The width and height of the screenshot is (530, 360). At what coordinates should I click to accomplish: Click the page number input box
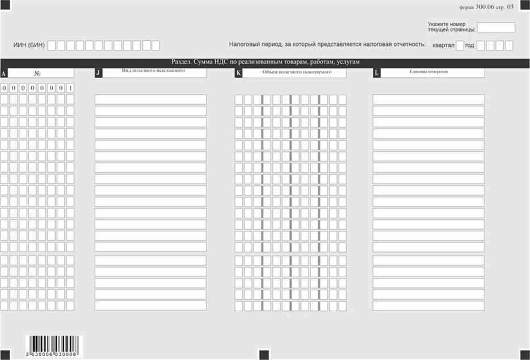point(496,27)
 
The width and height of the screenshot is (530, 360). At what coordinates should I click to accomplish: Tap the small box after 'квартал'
point(460,46)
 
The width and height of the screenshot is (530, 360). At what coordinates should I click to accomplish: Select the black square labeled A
point(4,73)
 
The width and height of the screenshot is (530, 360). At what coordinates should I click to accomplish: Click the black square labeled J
point(98,73)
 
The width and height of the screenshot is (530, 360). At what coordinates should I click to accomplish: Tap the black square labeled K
point(238,73)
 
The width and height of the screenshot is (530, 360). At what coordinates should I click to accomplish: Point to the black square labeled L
point(376,73)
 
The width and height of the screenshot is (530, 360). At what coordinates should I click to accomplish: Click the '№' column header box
point(41,73)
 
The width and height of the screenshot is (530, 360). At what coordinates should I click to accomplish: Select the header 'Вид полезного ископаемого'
point(154,71)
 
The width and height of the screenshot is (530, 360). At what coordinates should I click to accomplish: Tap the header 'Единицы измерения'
point(431,72)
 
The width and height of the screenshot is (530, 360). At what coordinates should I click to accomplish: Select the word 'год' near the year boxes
point(469,46)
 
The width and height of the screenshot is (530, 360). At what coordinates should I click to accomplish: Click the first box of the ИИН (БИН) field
point(52,45)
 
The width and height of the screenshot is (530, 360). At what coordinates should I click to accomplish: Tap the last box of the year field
point(508,46)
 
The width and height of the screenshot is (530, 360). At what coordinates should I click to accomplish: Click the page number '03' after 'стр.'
point(510,7)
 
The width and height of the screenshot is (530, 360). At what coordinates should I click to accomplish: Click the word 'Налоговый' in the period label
point(245,44)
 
